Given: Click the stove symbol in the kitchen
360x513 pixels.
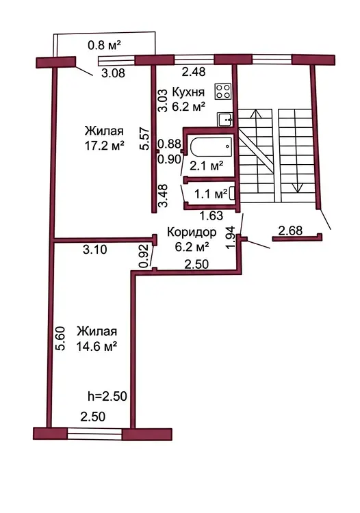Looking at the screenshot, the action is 223,91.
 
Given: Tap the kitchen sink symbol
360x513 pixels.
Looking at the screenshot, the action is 225,119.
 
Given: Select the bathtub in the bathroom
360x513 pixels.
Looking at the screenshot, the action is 211,147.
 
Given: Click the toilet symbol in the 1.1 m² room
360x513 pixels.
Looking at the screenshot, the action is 232,193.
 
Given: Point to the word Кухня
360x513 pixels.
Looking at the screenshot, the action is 188,92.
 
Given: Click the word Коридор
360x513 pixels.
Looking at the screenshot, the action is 192,232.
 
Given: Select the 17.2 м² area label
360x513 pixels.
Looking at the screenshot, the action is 105,145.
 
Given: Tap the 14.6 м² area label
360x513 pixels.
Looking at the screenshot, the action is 97,346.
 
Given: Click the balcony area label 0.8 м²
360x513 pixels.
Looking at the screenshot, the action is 105,45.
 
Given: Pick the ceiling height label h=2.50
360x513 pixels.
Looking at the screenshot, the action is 107,396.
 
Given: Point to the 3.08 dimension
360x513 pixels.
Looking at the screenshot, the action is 113,73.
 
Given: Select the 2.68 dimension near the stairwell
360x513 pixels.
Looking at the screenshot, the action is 290,231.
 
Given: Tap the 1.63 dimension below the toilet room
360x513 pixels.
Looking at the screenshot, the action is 211,215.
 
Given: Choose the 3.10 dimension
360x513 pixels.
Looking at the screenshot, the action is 95,250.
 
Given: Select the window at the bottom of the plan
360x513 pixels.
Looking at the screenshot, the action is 94,433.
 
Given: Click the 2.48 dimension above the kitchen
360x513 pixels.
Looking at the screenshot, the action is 194,71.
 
